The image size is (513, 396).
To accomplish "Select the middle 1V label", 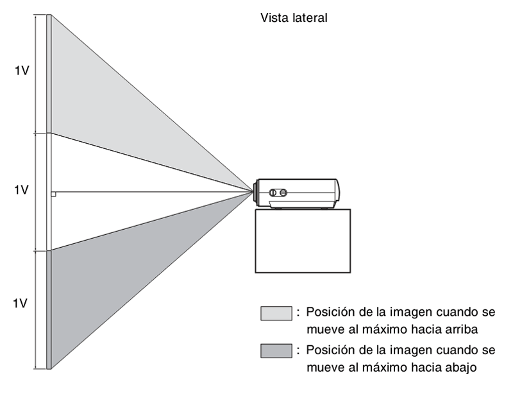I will (x=22, y=190).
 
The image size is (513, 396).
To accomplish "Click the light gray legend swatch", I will (x=276, y=313).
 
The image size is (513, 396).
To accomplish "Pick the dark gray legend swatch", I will (x=276, y=352).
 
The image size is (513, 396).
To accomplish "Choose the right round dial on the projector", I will (x=284, y=192).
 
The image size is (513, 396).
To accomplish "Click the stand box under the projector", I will (x=303, y=241).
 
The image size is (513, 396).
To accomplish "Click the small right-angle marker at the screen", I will (x=54, y=193).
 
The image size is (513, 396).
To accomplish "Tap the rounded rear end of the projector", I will (x=337, y=191).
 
